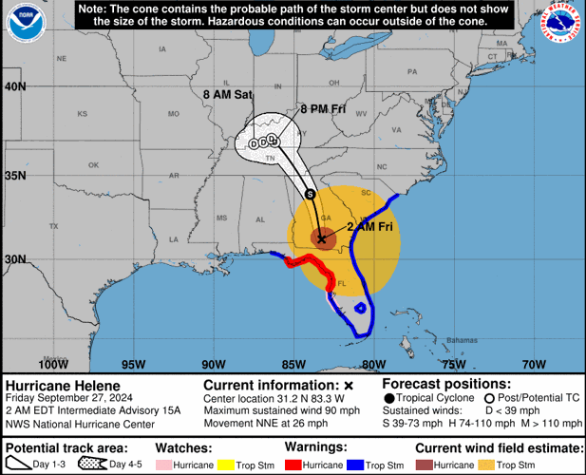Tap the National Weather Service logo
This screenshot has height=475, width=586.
pos(560,27)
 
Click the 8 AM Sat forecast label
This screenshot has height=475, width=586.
pos(227,95)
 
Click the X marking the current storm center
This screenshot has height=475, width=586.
pos(322,238)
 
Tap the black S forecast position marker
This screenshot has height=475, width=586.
pos(311,194)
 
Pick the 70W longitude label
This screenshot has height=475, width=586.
pos(535,364)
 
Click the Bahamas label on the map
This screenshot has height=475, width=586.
pos(463,339)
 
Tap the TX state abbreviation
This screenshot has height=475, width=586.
pos(54,226)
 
